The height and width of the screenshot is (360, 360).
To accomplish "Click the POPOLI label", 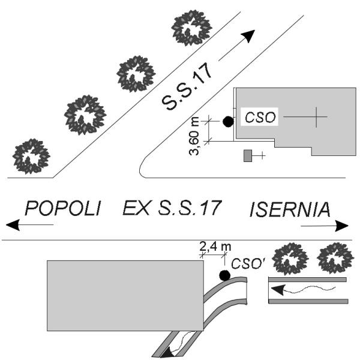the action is click(62, 208).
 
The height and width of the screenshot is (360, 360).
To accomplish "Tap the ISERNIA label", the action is click(290, 209).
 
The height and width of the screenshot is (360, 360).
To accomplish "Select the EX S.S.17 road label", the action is click(172, 208).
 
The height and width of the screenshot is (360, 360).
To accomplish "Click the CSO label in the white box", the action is click(260, 117).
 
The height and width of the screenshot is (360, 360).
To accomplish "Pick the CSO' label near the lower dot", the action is click(248, 263).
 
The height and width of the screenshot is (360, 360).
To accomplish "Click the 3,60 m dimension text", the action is click(194, 136).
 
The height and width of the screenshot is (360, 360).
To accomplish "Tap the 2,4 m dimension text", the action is click(215, 247).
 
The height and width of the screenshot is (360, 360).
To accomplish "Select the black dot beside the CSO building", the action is click(228, 122).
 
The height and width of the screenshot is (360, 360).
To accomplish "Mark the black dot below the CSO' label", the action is click(224, 275).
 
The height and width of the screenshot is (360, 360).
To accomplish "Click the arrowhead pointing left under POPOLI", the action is click(13, 225).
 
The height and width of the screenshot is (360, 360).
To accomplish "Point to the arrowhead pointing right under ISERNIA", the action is click(341, 226).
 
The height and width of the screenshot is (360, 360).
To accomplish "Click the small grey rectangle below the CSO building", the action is click(247, 155).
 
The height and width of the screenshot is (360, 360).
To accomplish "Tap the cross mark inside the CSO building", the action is click(316, 117).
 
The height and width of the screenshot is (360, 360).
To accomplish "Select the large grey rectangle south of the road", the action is click(125, 296).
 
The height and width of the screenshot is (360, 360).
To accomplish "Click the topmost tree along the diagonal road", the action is click(191, 28).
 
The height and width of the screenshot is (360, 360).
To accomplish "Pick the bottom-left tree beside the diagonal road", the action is click(31, 156).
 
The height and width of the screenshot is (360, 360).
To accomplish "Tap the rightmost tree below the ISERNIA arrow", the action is click(335, 258).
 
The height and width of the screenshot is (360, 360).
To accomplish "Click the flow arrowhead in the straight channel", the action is click(278, 290).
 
